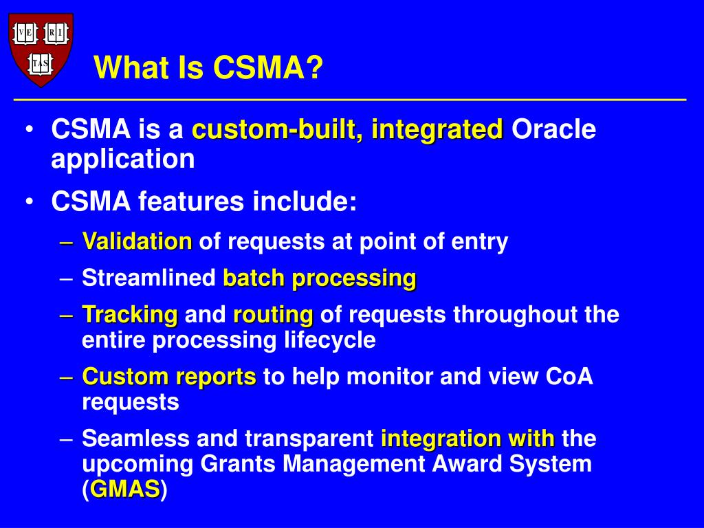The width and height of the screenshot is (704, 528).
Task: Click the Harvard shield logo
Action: click(x=41, y=49)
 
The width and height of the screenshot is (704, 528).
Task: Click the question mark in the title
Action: click(x=315, y=67)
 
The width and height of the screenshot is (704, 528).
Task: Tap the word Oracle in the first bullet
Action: click(x=553, y=129)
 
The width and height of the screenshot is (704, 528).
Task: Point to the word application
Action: click(x=123, y=159)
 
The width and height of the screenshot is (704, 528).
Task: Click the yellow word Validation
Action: click(x=137, y=241)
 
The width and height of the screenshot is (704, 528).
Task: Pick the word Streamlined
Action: click(x=149, y=278)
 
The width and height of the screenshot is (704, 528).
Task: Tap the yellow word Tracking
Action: click(x=130, y=315)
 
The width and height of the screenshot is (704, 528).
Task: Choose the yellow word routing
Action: click(x=273, y=315)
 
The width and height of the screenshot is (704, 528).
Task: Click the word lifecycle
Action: click(x=330, y=340)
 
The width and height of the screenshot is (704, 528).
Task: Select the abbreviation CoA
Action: click(x=569, y=376)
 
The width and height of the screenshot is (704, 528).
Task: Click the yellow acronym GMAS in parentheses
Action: click(x=125, y=489)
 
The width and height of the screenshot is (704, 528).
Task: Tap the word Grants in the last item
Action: click(x=237, y=463)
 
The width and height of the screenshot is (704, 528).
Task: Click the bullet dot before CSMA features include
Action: click(x=30, y=201)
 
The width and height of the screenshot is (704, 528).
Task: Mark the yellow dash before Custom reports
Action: click(x=66, y=377)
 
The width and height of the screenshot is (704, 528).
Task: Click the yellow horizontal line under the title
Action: click(x=350, y=100)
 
